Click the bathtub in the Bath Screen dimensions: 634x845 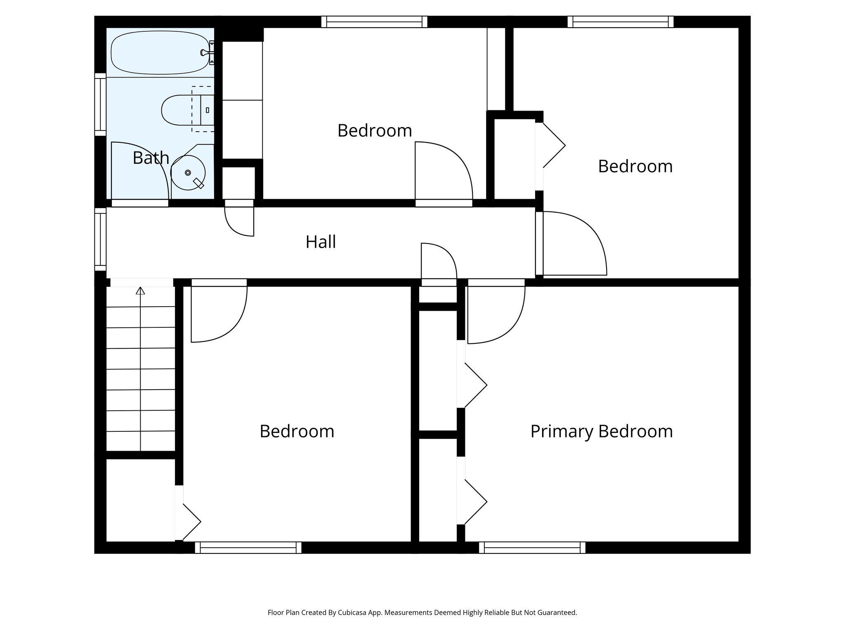coord(160,52)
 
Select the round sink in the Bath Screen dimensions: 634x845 coord(188,173)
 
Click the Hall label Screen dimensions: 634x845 coord(321,242)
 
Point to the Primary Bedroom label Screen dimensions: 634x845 coord(601,431)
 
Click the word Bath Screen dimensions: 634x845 coord(151,158)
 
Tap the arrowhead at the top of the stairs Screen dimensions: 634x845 coord(141,291)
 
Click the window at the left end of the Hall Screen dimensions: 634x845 coord(100,239)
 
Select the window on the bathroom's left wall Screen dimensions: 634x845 coord(100,104)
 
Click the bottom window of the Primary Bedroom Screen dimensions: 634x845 coord(532,548)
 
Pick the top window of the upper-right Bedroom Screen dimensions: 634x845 coord(620,22)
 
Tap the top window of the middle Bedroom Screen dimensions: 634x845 coord(374,22)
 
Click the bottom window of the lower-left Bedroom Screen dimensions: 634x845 coord(248,548)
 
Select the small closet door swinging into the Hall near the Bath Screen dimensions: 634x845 coord(239,221)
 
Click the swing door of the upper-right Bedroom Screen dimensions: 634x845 coord(574,244)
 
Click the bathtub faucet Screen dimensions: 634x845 coord(205,52)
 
